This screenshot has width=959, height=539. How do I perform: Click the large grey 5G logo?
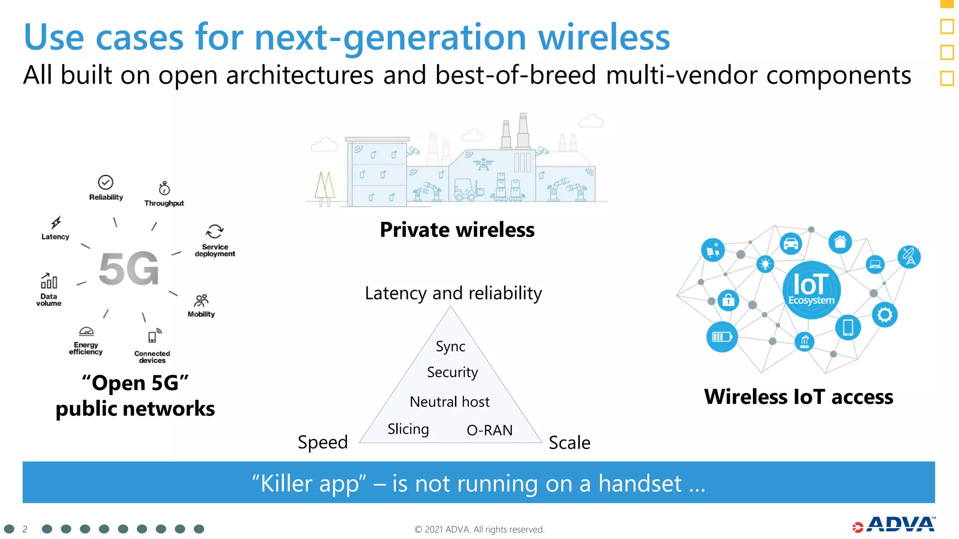tap(129, 269)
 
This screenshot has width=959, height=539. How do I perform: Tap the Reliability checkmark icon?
tap(106, 182)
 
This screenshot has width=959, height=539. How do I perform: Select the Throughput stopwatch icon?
tap(164, 188)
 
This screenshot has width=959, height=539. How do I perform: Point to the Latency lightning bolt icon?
tap(56, 222)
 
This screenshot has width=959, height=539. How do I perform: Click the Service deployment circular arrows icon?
tap(215, 231)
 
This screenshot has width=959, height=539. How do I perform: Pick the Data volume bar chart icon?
tap(49, 281)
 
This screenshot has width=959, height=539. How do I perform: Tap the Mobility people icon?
tap(201, 300)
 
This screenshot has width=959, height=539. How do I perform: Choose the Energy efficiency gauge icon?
tap(86, 332)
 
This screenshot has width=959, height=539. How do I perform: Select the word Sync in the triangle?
tap(450, 347)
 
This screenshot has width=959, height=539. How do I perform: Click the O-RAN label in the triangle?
tap(489, 430)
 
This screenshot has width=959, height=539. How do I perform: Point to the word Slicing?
tap(408, 429)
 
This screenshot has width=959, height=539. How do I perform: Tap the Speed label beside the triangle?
tap(323, 442)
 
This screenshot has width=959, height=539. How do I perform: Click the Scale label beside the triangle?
tap(569, 443)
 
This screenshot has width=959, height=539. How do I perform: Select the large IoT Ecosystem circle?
tap(811, 290)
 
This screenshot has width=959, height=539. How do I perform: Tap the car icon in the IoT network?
tap(791, 244)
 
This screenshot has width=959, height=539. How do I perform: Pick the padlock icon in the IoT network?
tap(728, 300)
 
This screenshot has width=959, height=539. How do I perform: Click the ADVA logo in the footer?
tap(894, 525)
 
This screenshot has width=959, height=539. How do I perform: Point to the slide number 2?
tap(25, 529)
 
